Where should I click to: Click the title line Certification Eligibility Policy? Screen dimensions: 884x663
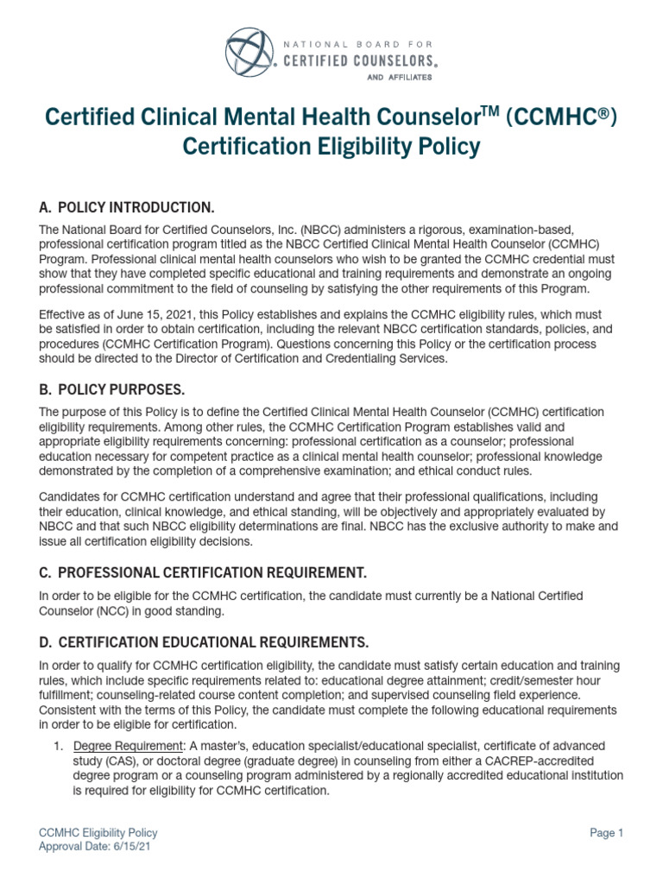coord(331,148)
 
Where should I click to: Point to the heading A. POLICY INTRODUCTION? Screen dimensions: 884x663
coord(126,208)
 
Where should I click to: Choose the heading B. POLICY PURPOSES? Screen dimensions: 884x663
coord(112,389)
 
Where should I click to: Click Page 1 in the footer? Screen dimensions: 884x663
coord(606,833)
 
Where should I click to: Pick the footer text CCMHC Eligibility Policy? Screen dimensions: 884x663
coord(98,833)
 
